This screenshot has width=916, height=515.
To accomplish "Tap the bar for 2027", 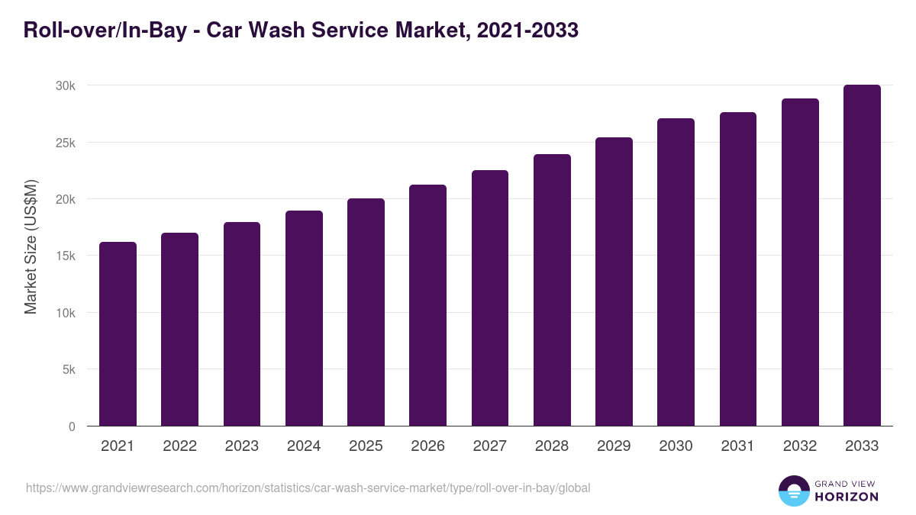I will [x=490, y=298].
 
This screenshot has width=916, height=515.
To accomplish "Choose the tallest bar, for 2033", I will [x=862, y=256].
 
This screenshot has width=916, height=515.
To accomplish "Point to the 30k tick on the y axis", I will [x=65, y=86].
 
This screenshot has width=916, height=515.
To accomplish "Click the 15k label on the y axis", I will [x=65, y=256].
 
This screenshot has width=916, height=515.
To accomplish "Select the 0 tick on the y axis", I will [x=72, y=426].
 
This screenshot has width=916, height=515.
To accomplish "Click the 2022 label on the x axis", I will [x=179, y=446].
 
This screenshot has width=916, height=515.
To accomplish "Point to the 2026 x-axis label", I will [x=427, y=446].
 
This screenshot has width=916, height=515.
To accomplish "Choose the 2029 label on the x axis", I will [x=614, y=446].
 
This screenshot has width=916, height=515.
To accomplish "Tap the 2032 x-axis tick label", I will [x=800, y=446].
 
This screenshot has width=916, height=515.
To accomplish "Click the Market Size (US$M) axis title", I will [x=31, y=246].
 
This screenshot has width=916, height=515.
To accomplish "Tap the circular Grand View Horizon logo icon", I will [x=794, y=491].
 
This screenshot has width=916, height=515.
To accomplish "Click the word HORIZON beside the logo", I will [x=847, y=497].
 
